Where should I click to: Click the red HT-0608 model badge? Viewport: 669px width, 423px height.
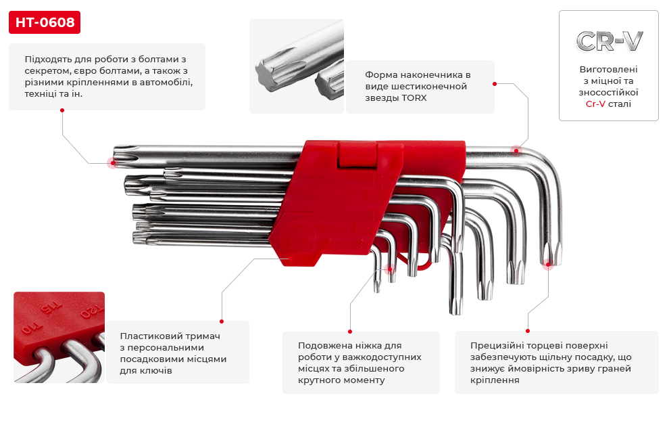45,23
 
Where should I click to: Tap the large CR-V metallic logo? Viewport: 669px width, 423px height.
609,41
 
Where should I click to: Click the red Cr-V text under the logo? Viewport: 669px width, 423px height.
595,104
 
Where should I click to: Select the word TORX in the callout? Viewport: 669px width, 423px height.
414,98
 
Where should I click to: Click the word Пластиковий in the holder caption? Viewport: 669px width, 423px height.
147,336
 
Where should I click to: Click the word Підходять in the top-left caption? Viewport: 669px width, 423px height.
48,59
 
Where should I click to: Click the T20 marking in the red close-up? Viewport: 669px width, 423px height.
87,313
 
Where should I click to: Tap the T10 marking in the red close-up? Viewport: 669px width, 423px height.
28,330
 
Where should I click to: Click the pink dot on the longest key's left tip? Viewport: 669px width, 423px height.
111,162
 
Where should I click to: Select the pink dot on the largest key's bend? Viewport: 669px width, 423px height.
516,150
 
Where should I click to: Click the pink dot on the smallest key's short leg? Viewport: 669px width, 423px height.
390,268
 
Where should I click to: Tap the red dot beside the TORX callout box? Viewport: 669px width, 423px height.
495,85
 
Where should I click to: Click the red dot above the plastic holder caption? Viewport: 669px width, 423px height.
222,321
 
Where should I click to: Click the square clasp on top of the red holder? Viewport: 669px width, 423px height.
359,156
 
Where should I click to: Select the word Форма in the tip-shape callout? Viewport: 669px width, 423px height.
380,74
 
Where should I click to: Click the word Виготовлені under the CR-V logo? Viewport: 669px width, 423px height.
608,70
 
